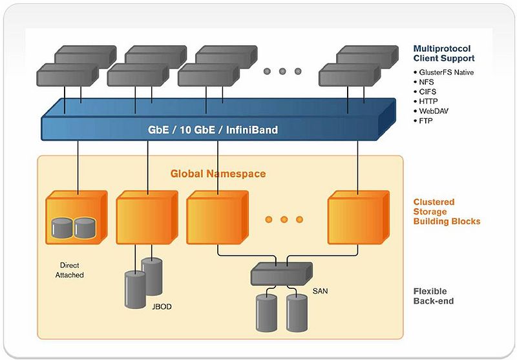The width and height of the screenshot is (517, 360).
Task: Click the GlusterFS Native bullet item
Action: pos(446,72)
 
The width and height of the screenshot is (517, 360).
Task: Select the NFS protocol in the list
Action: pos(427,82)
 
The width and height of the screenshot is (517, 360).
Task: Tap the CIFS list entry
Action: pos(428,92)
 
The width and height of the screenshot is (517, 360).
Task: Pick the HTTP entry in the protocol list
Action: pos(429,101)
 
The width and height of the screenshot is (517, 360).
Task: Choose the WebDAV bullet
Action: pos(434,111)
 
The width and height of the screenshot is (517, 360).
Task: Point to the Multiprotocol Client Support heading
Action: pos(443,53)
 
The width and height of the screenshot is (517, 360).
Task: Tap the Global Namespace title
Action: pos(218,174)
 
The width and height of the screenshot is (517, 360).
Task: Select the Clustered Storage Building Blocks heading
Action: pos(447,211)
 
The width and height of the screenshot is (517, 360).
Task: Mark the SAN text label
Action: pos(319,291)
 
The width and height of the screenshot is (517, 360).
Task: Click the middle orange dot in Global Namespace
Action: pos(284,220)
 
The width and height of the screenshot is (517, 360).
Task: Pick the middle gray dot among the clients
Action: pos(283,71)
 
